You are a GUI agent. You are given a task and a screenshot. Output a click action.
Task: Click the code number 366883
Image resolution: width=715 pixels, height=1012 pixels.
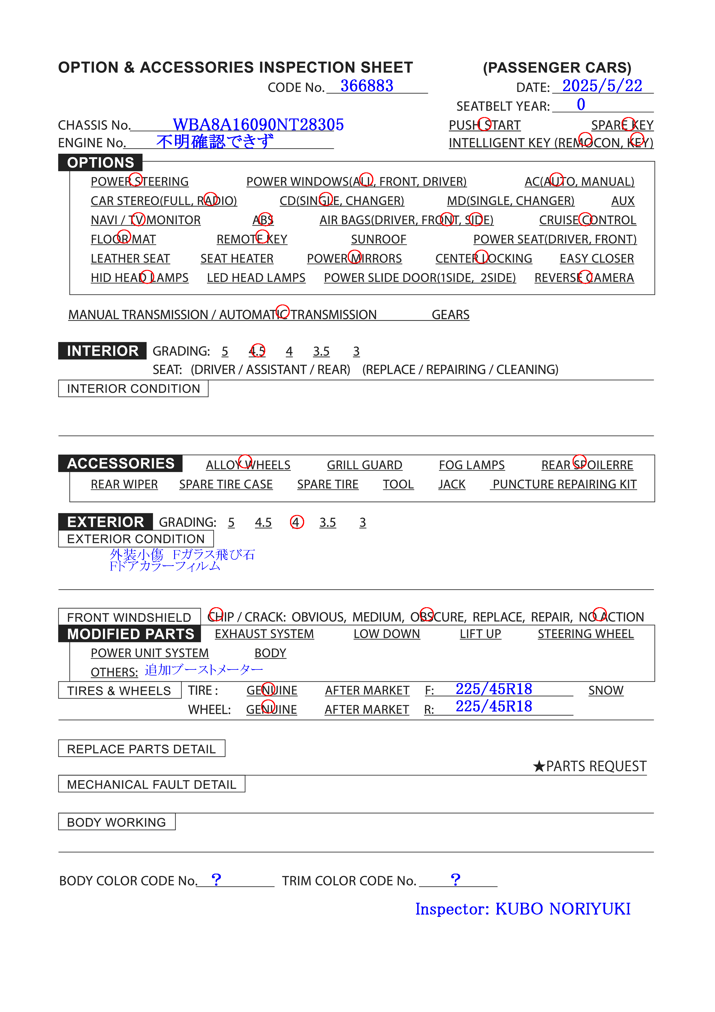(366, 86)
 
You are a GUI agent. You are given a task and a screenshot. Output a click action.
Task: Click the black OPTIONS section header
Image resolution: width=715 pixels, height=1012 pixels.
(101, 163)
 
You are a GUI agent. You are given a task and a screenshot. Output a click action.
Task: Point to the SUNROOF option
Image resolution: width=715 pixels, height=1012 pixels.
(378, 239)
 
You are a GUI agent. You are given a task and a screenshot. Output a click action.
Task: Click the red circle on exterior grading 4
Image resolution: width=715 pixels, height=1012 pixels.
(297, 522)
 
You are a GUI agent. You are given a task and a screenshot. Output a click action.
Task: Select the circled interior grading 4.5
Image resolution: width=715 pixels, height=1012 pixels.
(257, 351)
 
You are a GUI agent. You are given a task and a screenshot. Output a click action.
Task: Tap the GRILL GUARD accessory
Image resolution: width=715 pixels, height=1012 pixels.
(364, 465)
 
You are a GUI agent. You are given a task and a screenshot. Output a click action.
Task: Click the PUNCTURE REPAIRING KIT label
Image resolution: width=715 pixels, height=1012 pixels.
(564, 484)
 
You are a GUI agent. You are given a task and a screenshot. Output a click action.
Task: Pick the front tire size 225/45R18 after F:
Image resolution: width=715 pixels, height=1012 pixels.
(494, 689)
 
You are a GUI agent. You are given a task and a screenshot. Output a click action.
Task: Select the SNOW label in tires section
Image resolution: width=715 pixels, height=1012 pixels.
(606, 690)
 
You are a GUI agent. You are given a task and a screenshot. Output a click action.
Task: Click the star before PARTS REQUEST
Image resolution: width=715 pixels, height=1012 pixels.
(539, 766)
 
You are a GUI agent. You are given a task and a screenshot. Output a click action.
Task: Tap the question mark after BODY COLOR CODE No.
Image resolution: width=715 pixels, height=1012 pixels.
(216, 880)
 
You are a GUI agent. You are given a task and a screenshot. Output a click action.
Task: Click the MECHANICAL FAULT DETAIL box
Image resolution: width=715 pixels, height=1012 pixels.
(152, 785)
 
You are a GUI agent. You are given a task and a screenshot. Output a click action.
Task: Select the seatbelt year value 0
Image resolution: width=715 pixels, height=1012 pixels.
(581, 105)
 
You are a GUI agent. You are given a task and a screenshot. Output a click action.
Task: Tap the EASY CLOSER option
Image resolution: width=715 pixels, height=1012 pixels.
(597, 259)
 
